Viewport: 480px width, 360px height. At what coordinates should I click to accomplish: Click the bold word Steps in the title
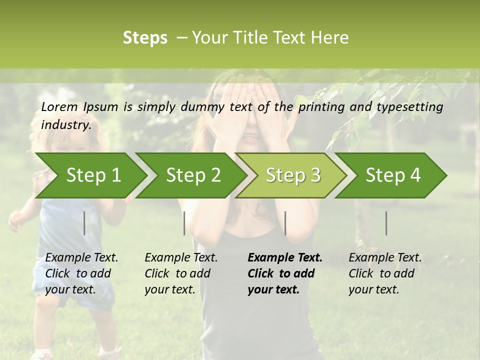(x=145, y=38)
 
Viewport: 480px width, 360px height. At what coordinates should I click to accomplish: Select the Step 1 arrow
(x=90, y=175)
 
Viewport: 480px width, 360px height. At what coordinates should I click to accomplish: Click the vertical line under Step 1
(x=84, y=223)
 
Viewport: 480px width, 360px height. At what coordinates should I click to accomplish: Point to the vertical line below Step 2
(x=184, y=223)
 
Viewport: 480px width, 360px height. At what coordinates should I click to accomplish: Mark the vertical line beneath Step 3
(x=285, y=223)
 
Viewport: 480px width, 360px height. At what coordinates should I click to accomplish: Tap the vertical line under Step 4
(x=386, y=223)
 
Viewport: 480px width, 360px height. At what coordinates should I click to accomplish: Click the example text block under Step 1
(x=81, y=273)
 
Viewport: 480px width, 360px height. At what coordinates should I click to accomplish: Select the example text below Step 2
(x=181, y=273)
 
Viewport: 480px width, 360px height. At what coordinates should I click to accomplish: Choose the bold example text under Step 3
(x=284, y=273)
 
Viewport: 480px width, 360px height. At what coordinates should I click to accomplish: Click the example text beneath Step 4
(x=385, y=273)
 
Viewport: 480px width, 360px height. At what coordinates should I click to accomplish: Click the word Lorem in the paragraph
(x=59, y=106)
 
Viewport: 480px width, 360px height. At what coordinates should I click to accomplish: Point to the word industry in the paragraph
(x=66, y=125)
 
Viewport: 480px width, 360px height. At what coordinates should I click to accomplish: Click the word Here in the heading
(x=332, y=38)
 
